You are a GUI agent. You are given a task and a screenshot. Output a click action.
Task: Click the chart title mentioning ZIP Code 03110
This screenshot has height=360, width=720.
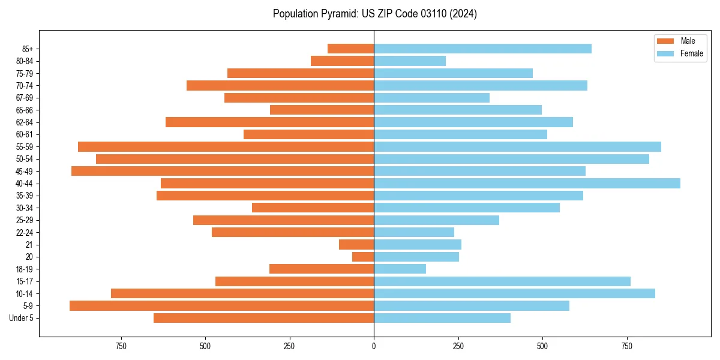pyautogui.click(x=374, y=14)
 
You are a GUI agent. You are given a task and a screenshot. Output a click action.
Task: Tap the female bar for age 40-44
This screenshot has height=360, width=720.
pyautogui.click(x=527, y=184)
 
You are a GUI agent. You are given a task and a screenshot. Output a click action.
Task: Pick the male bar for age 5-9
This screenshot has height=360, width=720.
pyautogui.click(x=221, y=306)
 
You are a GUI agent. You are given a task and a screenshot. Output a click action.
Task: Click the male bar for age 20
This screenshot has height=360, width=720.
pyautogui.click(x=363, y=257)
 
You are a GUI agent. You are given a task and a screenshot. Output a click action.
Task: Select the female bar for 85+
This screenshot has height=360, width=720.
pyautogui.click(x=482, y=49)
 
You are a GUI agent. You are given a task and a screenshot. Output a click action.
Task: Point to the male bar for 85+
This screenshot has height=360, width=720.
pyautogui.click(x=350, y=49)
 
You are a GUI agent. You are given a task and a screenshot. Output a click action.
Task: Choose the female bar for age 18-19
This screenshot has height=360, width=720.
pyautogui.click(x=400, y=269)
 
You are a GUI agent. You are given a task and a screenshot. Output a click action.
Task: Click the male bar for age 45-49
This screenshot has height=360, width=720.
pyautogui.click(x=223, y=171)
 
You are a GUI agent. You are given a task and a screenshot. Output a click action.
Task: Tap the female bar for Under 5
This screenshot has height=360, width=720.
pyautogui.click(x=442, y=318)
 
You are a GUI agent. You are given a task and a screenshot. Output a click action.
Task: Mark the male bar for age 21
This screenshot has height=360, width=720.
pyautogui.click(x=356, y=245)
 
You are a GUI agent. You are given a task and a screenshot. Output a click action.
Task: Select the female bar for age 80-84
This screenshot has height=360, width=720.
pyautogui.click(x=410, y=61)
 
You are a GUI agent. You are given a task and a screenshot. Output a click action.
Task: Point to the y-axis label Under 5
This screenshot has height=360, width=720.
pyautogui.click(x=21, y=318)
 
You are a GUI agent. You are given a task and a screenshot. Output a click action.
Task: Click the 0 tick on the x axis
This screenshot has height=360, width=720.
pyautogui.click(x=374, y=346)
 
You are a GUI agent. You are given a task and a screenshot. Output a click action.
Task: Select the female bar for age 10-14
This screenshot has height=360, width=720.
pyautogui.click(x=514, y=293)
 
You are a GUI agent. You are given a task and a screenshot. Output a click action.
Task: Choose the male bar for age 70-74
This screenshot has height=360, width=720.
pyautogui.click(x=280, y=86)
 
